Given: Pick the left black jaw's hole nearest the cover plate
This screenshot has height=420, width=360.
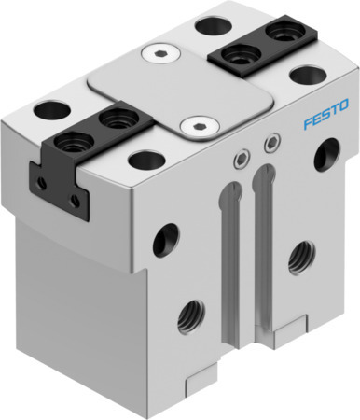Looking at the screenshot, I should click(115, 118).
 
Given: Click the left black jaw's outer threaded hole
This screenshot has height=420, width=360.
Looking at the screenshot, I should click(71, 142).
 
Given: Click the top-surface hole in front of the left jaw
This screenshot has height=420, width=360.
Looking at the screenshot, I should click(145, 161).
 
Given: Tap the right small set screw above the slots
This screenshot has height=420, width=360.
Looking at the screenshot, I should click(270, 142).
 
